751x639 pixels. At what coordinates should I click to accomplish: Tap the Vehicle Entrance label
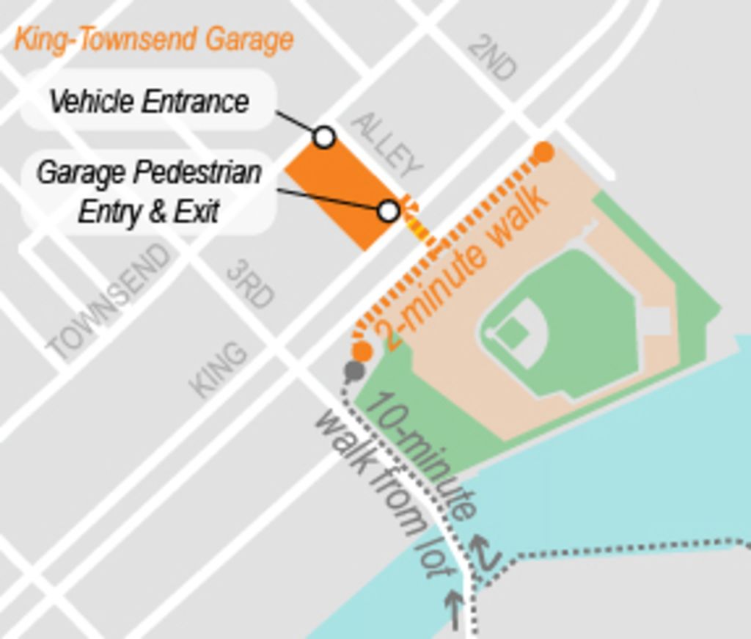pos(149,101)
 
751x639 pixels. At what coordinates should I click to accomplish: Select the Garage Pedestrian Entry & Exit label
pos(149,191)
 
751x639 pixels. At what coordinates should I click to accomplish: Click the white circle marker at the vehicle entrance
pos(323,137)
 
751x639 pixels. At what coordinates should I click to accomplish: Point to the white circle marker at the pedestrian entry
pos(389,211)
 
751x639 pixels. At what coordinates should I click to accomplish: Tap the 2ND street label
pos(492,57)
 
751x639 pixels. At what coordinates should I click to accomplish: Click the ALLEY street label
pos(387,145)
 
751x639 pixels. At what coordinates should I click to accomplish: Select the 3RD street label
pos(250,284)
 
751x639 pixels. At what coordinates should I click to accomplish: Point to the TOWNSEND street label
pos(110,302)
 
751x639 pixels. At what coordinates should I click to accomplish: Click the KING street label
pos(219,368)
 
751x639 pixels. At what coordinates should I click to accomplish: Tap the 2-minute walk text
pos(464,267)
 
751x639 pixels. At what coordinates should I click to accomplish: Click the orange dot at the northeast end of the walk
pos(543,153)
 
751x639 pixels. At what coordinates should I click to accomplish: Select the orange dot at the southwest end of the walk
pos(362,351)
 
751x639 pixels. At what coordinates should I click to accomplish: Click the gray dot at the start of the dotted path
pos(354,371)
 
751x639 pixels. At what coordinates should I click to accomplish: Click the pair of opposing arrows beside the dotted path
pos(484,553)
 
